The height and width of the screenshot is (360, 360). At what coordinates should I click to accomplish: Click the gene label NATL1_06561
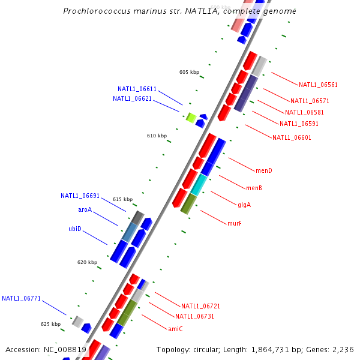318,85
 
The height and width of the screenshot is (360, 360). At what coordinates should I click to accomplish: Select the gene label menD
263,170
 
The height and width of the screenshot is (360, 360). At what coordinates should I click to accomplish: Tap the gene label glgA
244,205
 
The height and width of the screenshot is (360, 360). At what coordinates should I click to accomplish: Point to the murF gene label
234,223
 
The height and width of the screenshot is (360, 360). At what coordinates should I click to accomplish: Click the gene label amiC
175,329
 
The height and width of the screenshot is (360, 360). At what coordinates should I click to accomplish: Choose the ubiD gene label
74,229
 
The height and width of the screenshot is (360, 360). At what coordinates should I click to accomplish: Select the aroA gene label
85,209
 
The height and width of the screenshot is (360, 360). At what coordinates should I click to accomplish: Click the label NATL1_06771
21,298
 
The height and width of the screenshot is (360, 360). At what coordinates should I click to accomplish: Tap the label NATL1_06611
137,89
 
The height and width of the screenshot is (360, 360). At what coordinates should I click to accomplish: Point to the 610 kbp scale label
157,136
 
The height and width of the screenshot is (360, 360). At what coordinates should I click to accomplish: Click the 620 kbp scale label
87,262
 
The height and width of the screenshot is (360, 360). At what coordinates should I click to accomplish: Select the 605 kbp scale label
189,72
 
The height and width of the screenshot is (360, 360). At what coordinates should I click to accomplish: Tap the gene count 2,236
343,349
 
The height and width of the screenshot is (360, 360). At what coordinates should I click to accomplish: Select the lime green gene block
191,117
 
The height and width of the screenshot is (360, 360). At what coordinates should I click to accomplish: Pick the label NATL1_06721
200,306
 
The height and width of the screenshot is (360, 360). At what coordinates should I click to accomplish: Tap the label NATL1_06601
292,137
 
